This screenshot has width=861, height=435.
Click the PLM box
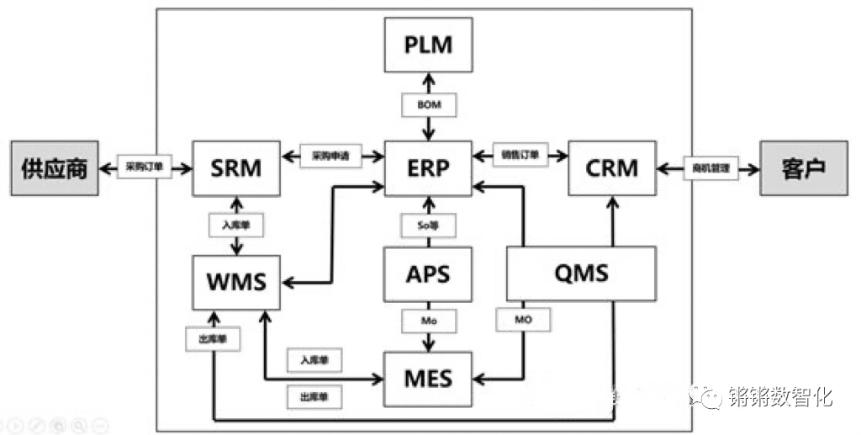tap(428, 45)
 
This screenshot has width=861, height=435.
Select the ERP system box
tap(428, 168)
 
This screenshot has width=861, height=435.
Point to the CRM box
tap(611, 168)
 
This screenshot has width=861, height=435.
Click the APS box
tap(428, 274)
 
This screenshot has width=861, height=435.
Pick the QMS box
tap(582, 274)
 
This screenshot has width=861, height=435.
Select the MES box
tap(428, 379)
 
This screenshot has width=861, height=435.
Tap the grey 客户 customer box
tap(803, 168)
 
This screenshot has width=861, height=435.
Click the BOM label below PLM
tap(428, 105)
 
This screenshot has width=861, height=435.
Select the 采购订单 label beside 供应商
tap(145, 167)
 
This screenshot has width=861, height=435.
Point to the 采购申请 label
tap(330, 156)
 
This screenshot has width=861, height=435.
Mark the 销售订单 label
tap(520, 156)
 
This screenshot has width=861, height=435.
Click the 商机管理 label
tap(710, 168)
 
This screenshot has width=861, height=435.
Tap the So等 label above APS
tap(428, 225)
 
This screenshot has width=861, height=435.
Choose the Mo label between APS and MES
tap(428, 321)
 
